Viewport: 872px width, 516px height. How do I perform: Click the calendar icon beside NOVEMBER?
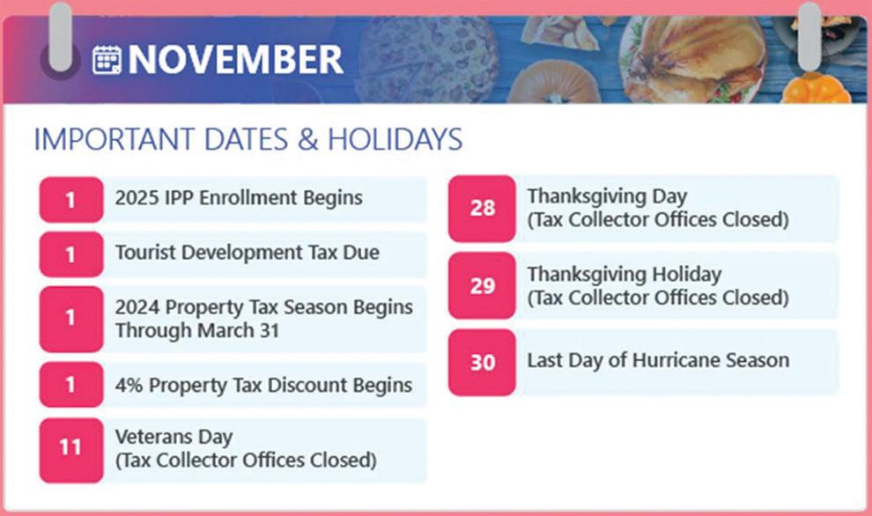coord(107,60)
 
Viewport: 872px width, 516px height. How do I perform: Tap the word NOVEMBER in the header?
coord(235,60)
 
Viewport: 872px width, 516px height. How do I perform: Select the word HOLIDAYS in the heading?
coord(395,139)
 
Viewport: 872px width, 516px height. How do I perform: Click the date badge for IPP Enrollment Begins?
coord(71,200)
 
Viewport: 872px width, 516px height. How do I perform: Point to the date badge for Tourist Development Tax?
coord(71,254)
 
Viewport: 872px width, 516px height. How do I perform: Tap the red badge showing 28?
coord(482,209)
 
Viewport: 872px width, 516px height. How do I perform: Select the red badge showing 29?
coord(482,285)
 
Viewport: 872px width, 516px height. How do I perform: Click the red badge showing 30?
coord(482,363)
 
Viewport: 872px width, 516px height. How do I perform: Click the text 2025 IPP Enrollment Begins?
coord(239,198)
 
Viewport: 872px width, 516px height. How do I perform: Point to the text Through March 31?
coord(197,331)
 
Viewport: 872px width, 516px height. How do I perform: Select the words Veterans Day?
coord(174,438)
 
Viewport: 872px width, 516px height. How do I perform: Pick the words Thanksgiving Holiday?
coord(624,275)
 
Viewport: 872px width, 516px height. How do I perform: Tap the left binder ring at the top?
coord(60,38)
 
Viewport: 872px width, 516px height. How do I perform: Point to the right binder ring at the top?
coord(809,37)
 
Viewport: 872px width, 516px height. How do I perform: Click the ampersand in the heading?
coord(307,139)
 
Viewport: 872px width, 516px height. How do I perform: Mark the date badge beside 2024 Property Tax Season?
coord(71,319)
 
